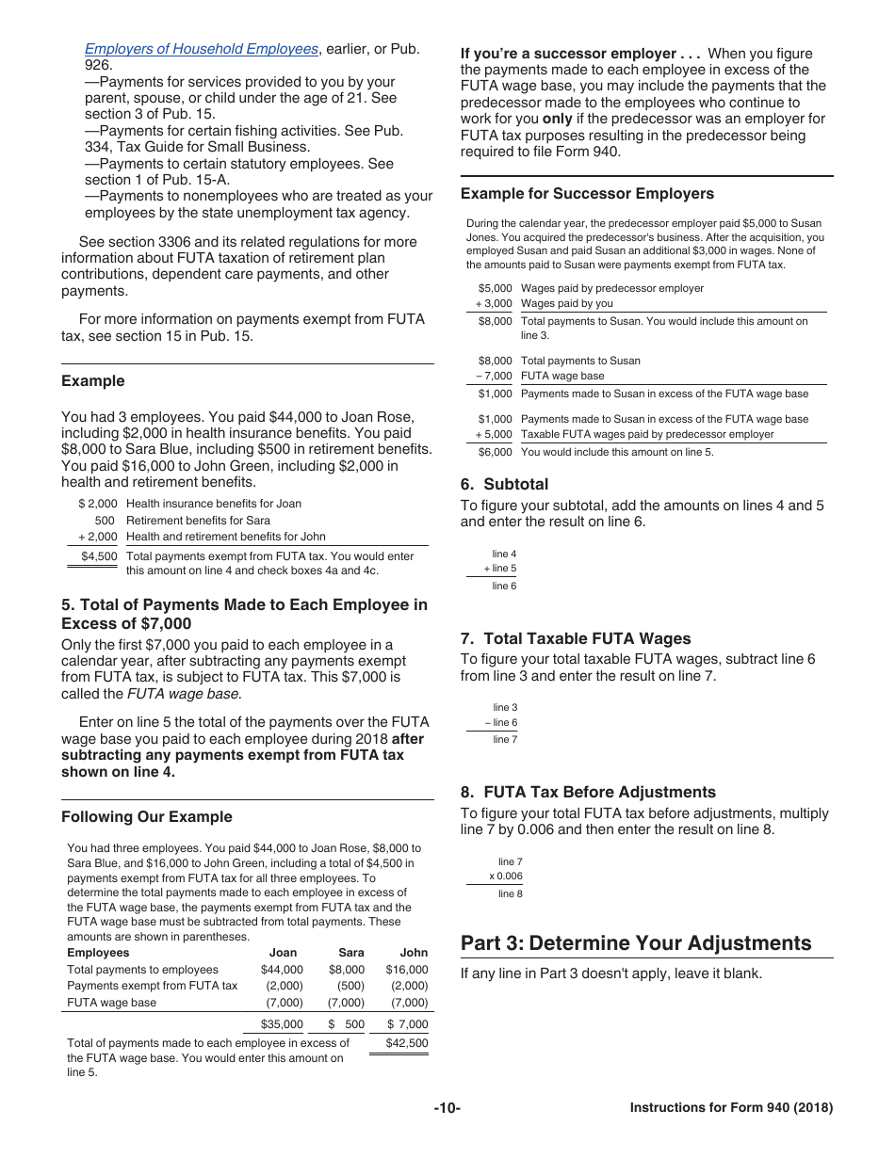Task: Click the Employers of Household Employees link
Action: tap(201, 49)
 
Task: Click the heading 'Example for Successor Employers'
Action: tap(587, 194)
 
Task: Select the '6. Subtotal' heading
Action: tap(504, 484)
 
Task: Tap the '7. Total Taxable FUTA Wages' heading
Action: tap(576, 638)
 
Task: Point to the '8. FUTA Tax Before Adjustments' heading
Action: tap(588, 792)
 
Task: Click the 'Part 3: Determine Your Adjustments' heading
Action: tap(636, 943)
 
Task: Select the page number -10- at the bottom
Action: tap(447, 1108)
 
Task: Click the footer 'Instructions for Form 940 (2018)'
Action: tap(731, 1108)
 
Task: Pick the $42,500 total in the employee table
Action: tap(407, 1043)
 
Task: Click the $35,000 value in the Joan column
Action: tap(282, 1024)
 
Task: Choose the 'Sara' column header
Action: tap(350, 953)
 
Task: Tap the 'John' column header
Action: tap(414, 953)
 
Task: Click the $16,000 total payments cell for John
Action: tap(407, 970)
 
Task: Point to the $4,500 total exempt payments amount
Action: tap(99, 556)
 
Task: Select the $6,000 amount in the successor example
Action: tap(495, 452)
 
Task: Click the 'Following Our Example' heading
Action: tap(146, 817)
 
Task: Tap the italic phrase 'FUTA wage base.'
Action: tap(185, 694)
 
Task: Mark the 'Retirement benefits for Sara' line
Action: tap(198, 521)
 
